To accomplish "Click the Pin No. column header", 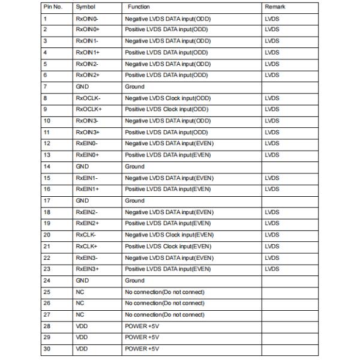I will (x=53, y=7).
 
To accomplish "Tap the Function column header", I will (x=139, y=7).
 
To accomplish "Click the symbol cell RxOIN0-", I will (x=87, y=19).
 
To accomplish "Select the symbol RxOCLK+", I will (x=89, y=109).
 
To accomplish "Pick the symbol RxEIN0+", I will (x=87, y=155).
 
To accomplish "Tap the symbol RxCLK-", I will (x=86, y=235).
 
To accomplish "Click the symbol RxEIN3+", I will (x=87, y=269).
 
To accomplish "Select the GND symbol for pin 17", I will (x=82, y=200).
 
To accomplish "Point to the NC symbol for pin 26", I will (x=80, y=303).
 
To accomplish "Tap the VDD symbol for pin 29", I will (x=82, y=337).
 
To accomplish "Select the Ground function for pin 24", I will (x=134, y=280).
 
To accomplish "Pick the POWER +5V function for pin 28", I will (x=142, y=326).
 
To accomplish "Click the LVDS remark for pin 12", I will (x=272, y=143).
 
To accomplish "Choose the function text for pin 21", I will (x=168, y=246).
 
